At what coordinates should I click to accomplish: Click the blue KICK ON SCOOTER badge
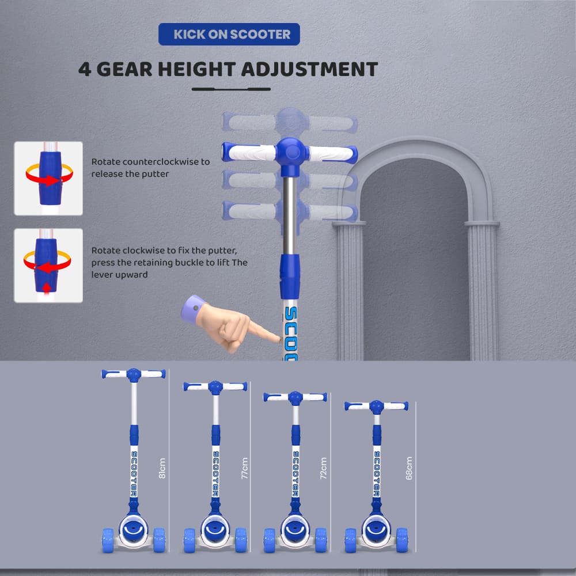tap(229, 34)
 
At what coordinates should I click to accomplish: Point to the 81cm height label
tap(162, 468)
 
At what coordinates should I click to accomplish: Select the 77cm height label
tap(244, 468)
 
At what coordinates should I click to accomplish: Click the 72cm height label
tap(323, 468)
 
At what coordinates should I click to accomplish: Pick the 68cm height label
tap(409, 468)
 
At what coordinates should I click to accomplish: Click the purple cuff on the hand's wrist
tap(192, 309)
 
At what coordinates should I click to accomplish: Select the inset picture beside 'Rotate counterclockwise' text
tap(48, 178)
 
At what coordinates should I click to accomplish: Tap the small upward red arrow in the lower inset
tap(46, 287)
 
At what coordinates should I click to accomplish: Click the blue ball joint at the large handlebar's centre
tap(291, 153)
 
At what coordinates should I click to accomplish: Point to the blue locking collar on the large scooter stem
tap(290, 276)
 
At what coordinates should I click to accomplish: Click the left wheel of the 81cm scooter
tap(108, 540)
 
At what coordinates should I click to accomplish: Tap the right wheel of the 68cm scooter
tap(402, 540)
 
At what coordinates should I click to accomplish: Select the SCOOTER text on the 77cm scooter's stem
tap(215, 474)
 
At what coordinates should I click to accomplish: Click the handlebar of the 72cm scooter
tap(295, 397)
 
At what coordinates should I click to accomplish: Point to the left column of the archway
tap(350, 291)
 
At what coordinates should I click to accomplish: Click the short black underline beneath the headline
tap(231, 89)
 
